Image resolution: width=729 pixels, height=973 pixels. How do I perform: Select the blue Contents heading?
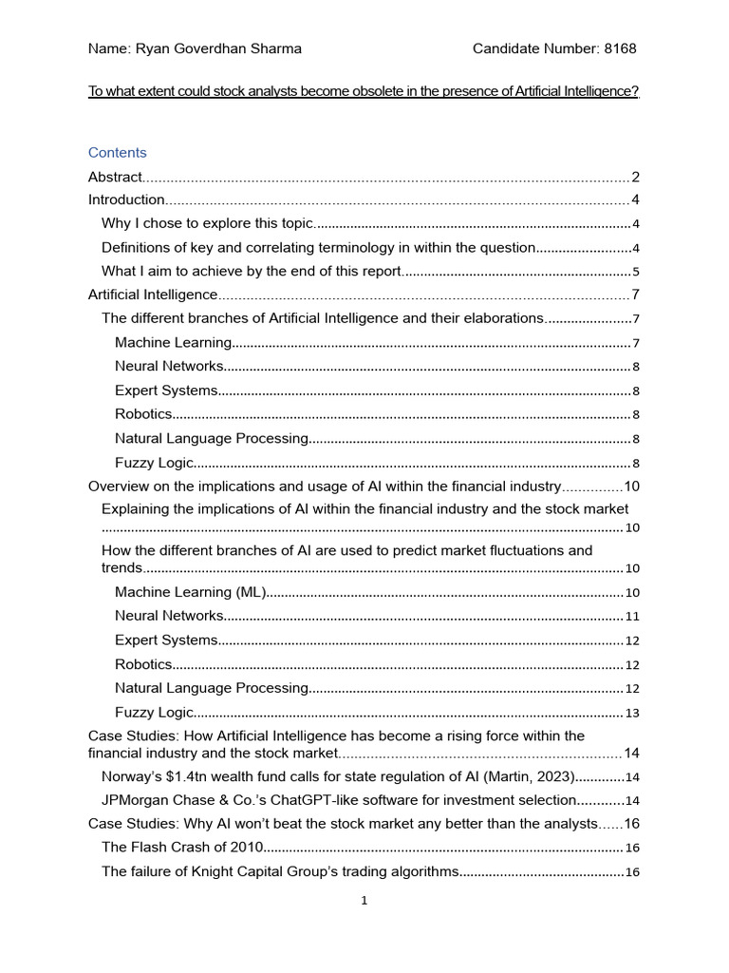(x=117, y=152)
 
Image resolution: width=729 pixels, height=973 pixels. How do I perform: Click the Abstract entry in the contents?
(x=115, y=177)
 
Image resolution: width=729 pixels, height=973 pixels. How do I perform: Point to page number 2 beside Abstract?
(x=635, y=177)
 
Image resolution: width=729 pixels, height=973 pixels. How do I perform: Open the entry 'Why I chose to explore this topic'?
(x=206, y=223)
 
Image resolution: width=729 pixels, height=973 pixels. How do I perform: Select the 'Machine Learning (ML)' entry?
(x=188, y=592)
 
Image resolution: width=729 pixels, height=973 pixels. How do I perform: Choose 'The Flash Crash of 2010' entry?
(x=180, y=847)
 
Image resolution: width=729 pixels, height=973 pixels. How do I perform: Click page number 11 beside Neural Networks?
(x=632, y=617)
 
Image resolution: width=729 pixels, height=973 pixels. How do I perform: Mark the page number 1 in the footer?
(x=364, y=901)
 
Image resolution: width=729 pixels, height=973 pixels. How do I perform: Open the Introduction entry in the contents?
(x=126, y=200)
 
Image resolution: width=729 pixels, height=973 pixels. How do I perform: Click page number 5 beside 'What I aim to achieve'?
(x=636, y=272)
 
